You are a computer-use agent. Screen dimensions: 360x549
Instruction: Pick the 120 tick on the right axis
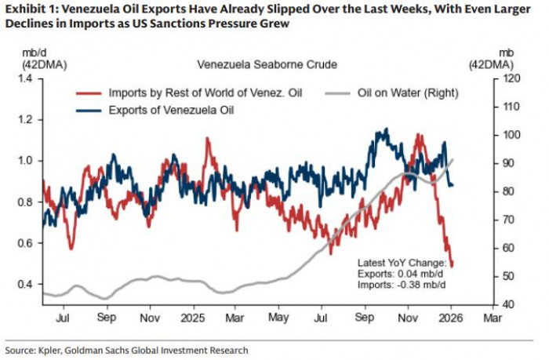(511, 79)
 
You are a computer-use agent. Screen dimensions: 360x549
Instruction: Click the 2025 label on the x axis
(193, 320)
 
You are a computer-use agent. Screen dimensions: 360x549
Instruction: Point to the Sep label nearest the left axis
(107, 320)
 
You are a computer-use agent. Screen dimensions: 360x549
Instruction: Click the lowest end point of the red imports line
(452, 266)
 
